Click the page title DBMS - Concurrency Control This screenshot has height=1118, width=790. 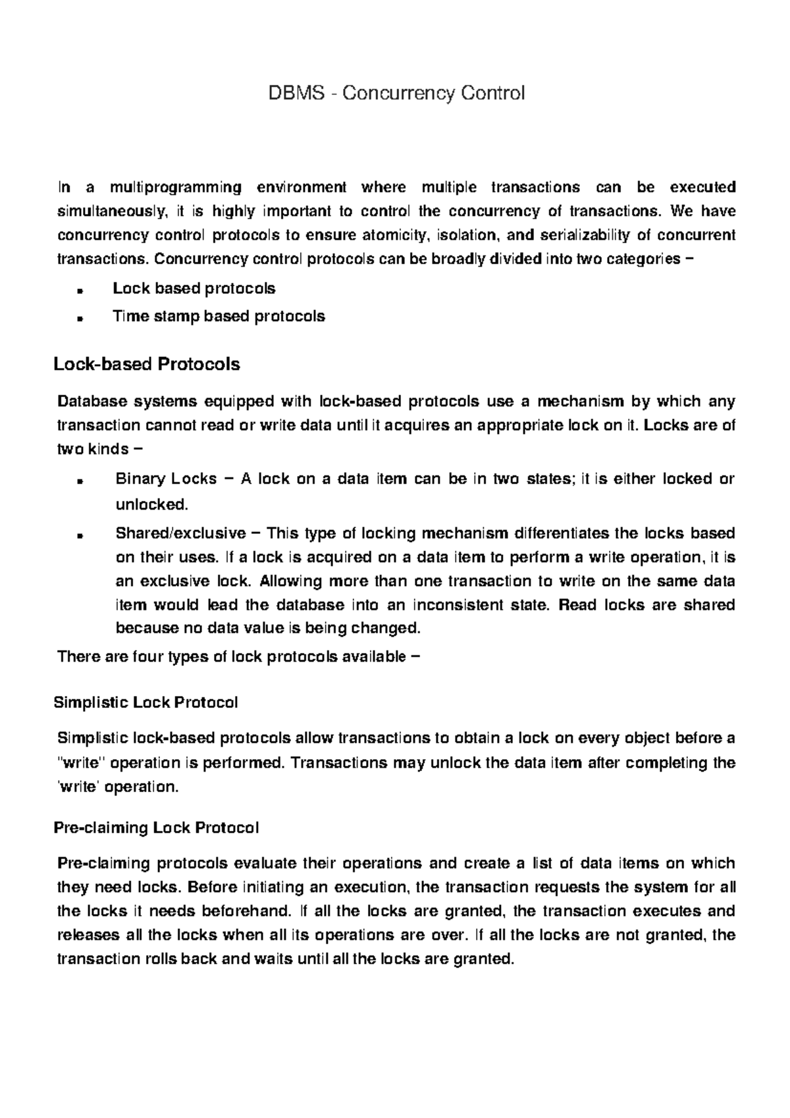pos(396,93)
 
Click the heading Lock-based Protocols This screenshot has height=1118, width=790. pos(146,364)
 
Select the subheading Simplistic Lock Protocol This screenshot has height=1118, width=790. pos(145,703)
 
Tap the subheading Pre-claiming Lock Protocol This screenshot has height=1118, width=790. pos(155,828)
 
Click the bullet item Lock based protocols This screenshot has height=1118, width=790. pos(194,288)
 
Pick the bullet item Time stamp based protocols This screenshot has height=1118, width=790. pos(219,316)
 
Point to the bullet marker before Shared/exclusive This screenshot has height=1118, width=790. pos(79,535)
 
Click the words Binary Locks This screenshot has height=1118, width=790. pos(166,479)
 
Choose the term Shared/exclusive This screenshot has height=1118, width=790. pos(180,533)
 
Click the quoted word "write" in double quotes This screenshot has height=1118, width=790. pos(82,763)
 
